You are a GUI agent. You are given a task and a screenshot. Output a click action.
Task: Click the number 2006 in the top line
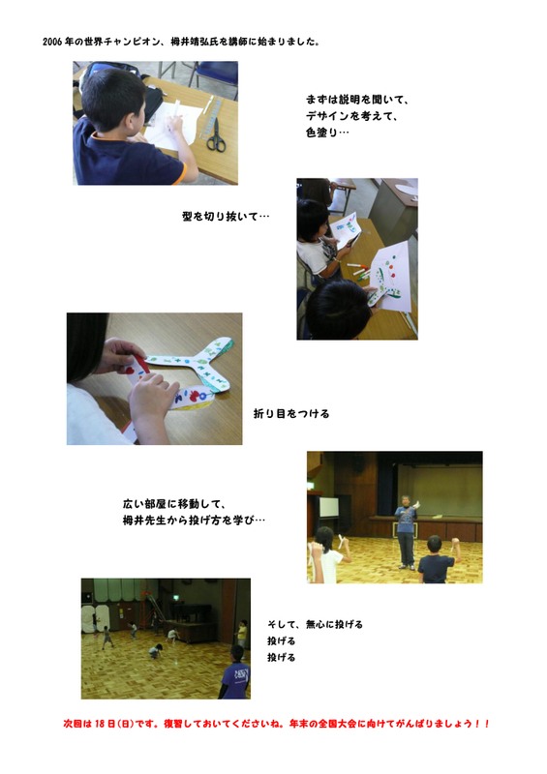pos(54,44)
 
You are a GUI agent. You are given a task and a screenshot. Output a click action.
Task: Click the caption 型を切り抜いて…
pos(225,217)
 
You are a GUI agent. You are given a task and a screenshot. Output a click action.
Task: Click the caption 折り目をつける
pos(291,413)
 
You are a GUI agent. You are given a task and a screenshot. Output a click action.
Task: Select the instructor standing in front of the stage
pos(406,530)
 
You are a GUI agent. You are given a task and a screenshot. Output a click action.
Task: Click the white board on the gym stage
pos(329,506)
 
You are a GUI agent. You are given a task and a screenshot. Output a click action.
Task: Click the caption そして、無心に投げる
pos(315,624)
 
